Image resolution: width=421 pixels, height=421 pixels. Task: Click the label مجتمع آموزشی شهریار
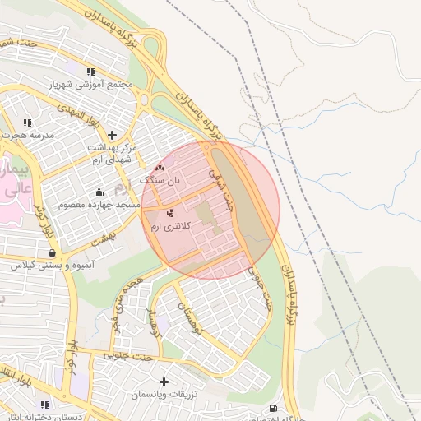[91, 85]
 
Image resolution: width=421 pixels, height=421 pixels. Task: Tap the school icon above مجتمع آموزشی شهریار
[90, 72]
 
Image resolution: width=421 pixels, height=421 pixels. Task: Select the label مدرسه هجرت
[30, 134]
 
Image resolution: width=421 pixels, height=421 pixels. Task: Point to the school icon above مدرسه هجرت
[28, 122]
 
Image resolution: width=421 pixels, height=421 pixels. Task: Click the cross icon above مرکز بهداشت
[112, 134]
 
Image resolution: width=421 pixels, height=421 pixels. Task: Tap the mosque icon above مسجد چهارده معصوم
[99, 192]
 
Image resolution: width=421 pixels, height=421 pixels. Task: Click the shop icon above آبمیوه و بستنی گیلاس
[53, 252]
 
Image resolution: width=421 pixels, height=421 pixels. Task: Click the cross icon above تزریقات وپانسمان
[164, 382]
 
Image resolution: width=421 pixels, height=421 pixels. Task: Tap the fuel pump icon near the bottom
[272, 409]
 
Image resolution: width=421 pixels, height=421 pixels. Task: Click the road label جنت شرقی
[222, 187]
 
